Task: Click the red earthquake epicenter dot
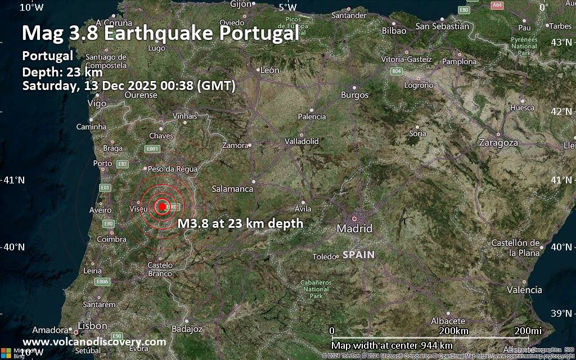point(162,206)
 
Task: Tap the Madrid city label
point(354,229)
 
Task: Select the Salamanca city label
point(232,189)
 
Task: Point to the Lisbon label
point(93,326)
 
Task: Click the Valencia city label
point(524,290)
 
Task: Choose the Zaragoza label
point(498,143)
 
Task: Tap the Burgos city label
point(354,95)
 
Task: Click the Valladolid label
point(301,141)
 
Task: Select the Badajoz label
point(187,328)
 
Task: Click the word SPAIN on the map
point(358,255)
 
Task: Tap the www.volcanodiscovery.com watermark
point(94,342)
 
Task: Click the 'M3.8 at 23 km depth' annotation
point(240,223)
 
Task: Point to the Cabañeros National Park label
point(316,289)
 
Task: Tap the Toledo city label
point(324,256)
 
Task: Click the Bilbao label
point(394,31)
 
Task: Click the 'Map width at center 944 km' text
point(391,345)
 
